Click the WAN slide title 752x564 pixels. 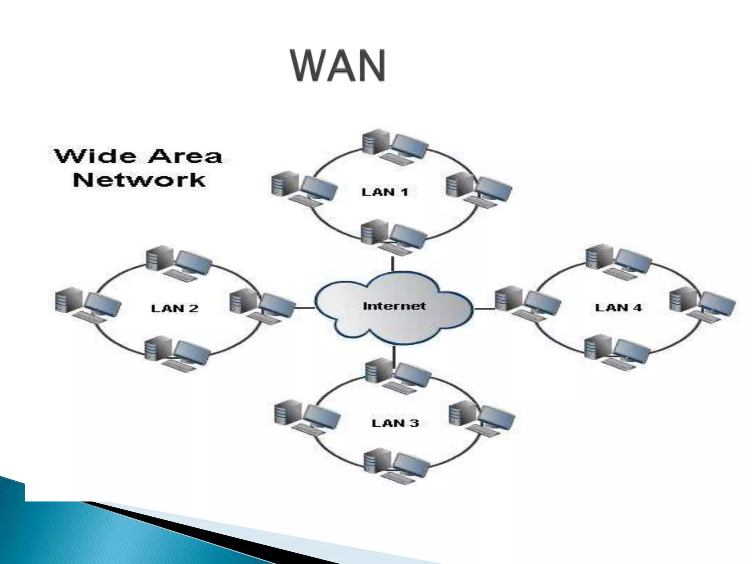point(338,66)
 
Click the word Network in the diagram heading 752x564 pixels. point(139,180)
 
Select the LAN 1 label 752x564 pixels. point(384,192)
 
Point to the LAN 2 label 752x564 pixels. point(174,308)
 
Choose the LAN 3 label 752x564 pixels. point(395,423)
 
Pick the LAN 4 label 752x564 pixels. point(618,307)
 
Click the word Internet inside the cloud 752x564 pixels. point(394,305)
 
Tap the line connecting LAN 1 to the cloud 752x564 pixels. point(393,264)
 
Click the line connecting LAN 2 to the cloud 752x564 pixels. point(304,308)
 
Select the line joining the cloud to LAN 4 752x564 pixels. point(484,308)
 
